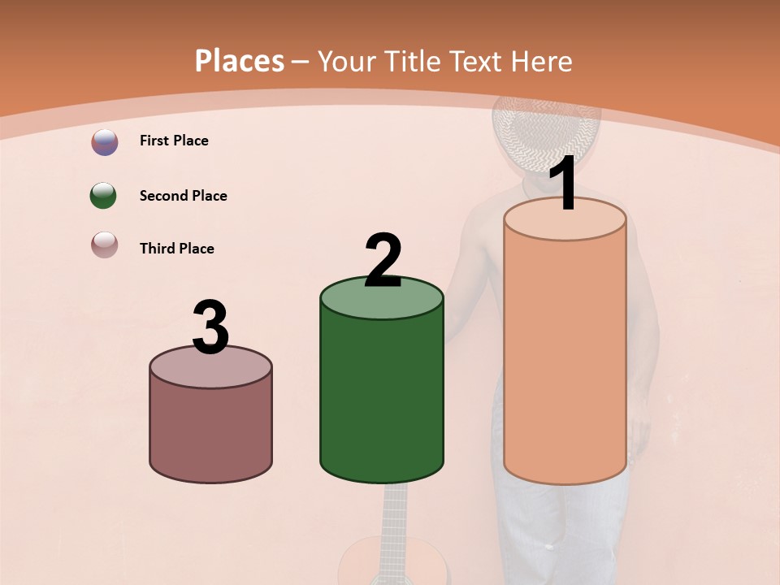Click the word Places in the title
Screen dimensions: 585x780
[x=240, y=61]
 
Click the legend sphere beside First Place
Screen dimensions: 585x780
[x=105, y=141]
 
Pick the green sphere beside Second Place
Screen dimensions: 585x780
[x=104, y=196]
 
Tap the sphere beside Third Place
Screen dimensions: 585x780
[x=105, y=245]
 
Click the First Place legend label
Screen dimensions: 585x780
[x=174, y=141]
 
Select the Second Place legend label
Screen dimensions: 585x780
[x=183, y=196]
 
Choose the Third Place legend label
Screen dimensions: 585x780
[x=176, y=249]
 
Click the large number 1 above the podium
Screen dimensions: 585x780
[x=564, y=184]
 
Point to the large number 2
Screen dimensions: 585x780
[x=383, y=260]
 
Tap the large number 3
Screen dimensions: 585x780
[x=210, y=327]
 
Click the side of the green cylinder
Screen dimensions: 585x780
[x=382, y=398]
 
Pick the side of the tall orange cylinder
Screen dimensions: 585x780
[x=565, y=357]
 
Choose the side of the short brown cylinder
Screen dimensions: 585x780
[x=210, y=431]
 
